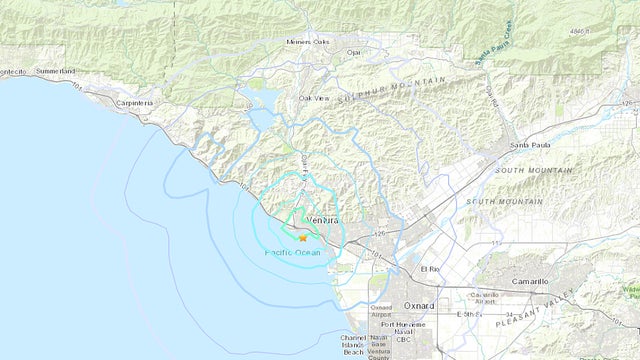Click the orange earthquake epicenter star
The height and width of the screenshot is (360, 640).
tap(303, 238)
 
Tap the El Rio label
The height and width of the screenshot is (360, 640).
tap(430, 270)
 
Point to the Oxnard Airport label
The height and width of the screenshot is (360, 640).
tap(381, 312)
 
